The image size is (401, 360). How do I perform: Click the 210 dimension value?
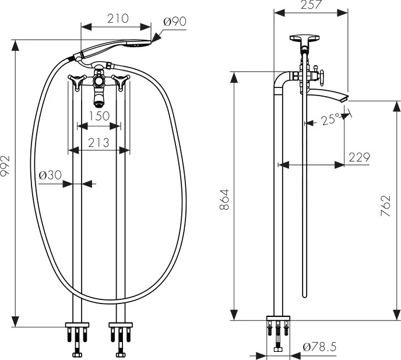coord(118,19)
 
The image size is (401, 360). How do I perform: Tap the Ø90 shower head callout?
coord(175,22)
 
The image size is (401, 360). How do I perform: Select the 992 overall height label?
coord(5,165)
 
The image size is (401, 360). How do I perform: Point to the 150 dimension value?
coord(99,116)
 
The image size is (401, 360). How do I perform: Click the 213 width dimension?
coord(99,143)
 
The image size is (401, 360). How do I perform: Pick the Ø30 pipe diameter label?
coord(50,175)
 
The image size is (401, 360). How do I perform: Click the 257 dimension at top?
coord(311,5)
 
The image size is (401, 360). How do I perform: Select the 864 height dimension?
coord(224,200)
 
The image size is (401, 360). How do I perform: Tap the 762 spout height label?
coord(386,206)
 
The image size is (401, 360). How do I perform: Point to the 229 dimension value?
coord(360,157)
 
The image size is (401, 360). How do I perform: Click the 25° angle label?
coord(330,119)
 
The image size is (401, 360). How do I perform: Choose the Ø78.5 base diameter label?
coord(319,347)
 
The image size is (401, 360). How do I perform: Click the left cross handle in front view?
coord(77,82)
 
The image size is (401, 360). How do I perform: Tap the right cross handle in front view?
coord(121,82)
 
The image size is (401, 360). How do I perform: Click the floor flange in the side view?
coord(278,318)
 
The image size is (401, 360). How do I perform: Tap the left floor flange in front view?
coord(78,325)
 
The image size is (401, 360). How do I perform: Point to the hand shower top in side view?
coord(304,38)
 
